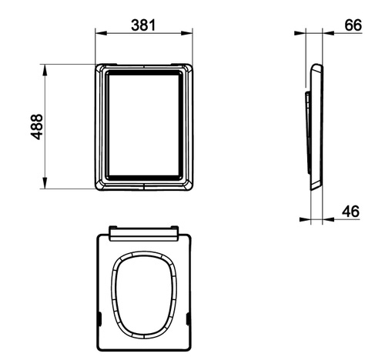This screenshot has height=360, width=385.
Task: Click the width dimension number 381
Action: point(143,25)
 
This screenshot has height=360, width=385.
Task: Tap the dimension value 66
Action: point(353,25)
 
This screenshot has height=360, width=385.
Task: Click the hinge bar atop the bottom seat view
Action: point(144,230)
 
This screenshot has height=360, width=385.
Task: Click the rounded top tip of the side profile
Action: point(311,68)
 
